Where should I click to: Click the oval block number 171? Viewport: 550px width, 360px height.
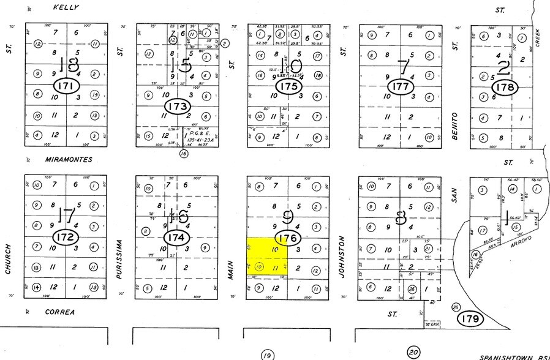pyautogui.click(x=67, y=86)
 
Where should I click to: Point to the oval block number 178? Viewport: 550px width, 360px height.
pyautogui.click(x=506, y=88)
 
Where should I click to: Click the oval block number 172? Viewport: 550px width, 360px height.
pyautogui.click(x=67, y=236)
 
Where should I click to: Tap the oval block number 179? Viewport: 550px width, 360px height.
pyautogui.click(x=471, y=318)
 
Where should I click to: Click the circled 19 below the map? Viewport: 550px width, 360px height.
pyautogui.click(x=266, y=354)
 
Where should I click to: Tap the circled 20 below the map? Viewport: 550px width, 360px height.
pyautogui.click(x=413, y=353)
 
